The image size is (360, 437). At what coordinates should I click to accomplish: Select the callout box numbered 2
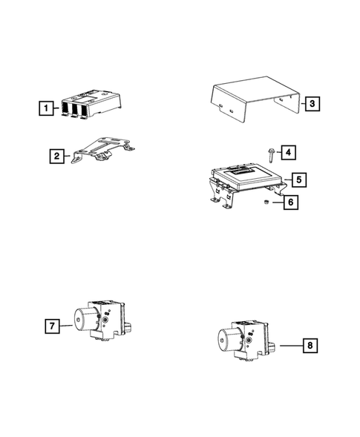[56, 156]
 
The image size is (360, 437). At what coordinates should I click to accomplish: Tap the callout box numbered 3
[312, 104]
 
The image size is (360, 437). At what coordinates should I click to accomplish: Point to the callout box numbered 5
[298, 180]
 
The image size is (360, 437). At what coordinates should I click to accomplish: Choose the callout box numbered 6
[292, 201]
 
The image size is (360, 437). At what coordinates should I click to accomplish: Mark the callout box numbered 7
[52, 325]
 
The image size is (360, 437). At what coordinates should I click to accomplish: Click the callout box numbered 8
[312, 345]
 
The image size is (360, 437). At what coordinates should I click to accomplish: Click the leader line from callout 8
[290, 345]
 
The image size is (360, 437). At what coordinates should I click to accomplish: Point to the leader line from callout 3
[298, 104]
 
